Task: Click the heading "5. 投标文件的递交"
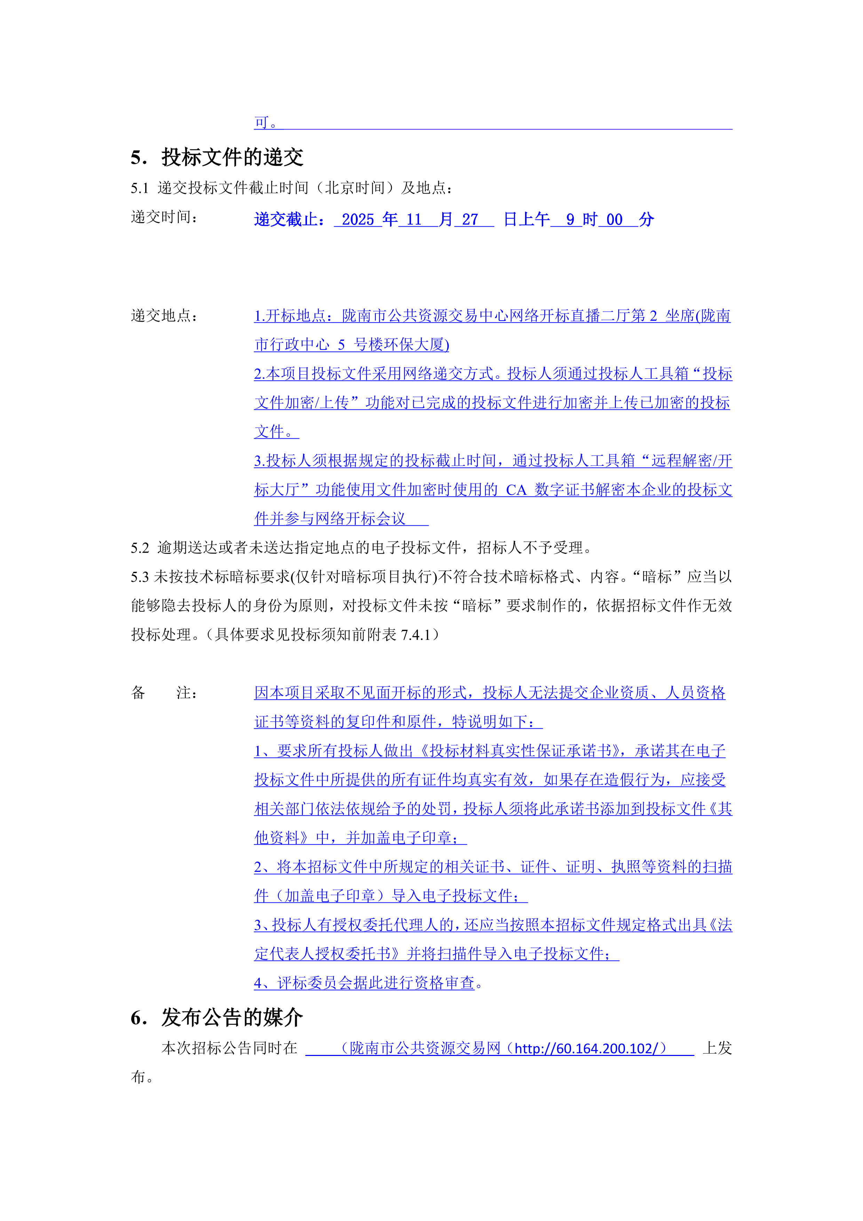(217, 157)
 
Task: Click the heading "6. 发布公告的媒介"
(217, 1017)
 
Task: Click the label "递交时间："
(165, 217)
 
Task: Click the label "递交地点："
(165, 316)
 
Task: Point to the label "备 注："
(165, 692)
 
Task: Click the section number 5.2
(140, 548)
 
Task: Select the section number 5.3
(140, 577)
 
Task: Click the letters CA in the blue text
(515, 490)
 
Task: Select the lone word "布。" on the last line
(142, 1077)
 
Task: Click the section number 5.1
(140, 188)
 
